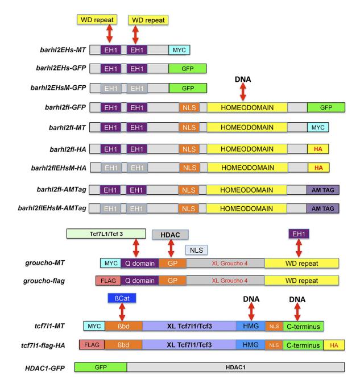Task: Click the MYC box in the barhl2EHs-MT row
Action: (179, 50)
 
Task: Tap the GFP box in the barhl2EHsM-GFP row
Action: (187, 88)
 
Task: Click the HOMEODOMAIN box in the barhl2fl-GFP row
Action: (247, 107)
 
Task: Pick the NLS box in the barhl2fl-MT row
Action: (189, 128)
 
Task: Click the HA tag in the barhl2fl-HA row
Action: (318, 148)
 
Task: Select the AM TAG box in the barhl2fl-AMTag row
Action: (322, 189)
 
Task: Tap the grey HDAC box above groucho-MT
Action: (169, 234)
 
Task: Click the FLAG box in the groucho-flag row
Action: (108, 280)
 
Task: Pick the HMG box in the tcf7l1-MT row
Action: (250, 326)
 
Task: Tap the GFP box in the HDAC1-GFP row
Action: (100, 368)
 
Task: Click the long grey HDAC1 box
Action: (235, 368)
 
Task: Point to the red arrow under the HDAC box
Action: (169, 248)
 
